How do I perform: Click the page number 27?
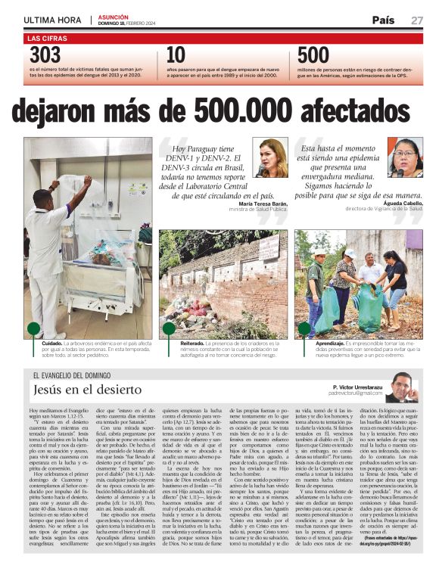click(x=417, y=20)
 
